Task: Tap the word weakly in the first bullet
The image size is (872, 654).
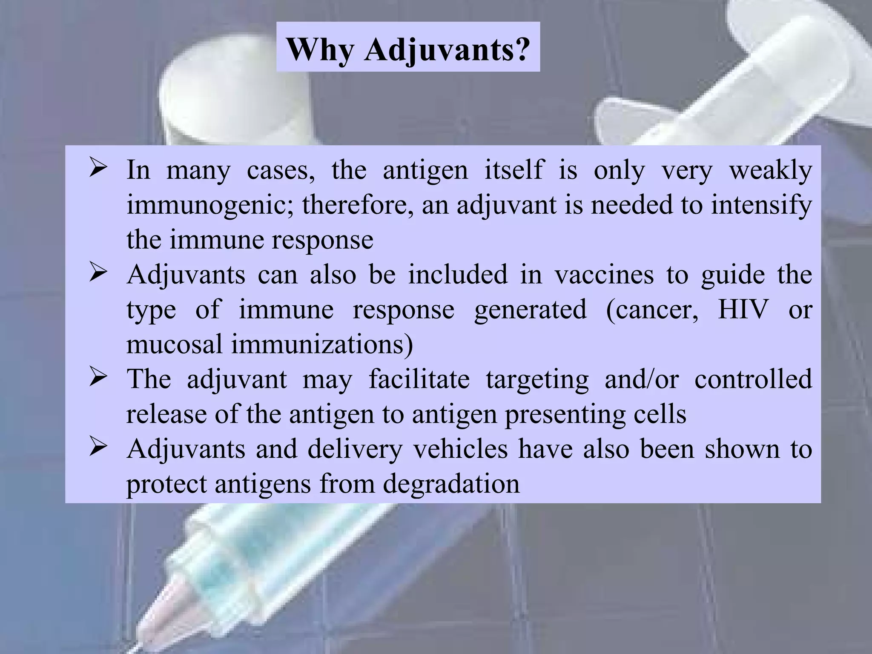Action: (770, 170)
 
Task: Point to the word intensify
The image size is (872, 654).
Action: (761, 205)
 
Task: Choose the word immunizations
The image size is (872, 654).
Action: (322, 344)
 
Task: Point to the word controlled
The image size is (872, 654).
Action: (753, 379)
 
